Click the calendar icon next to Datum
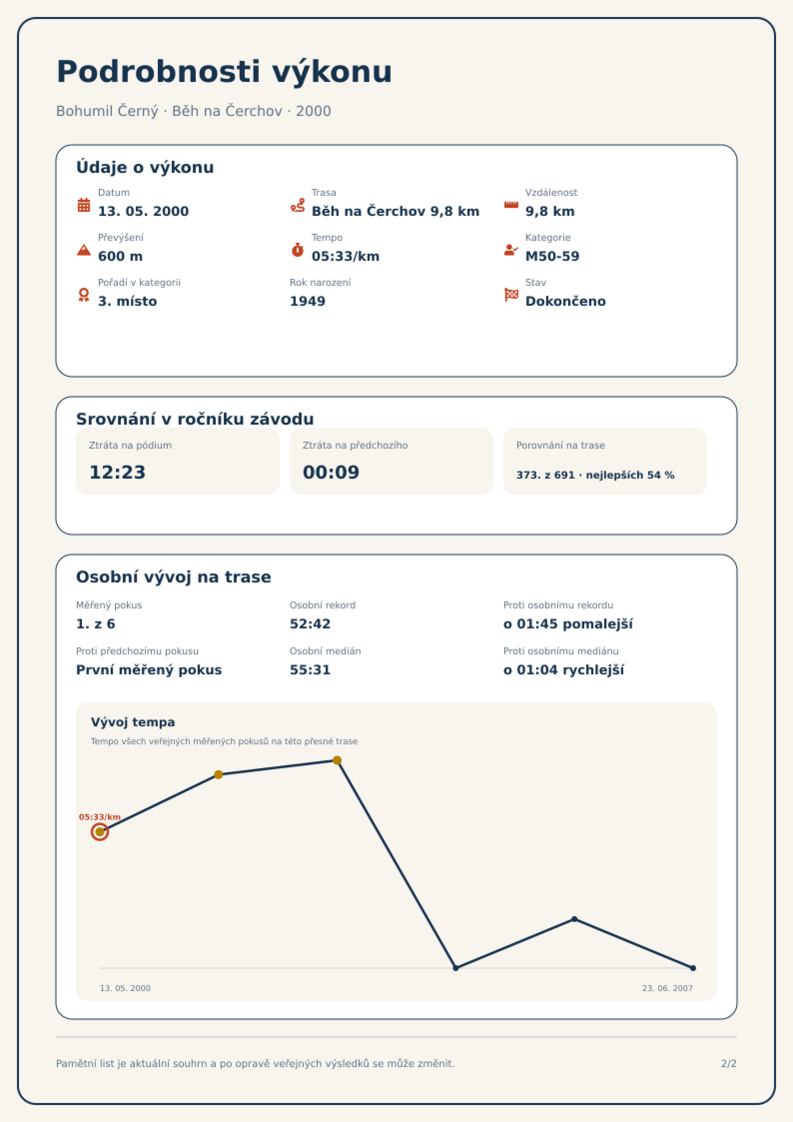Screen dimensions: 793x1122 (84, 205)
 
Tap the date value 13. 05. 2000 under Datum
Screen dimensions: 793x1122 (143, 211)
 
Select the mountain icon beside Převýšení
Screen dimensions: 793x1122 (84, 250)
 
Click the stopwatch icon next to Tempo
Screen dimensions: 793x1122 (298, 250)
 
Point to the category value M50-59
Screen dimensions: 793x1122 (552, 256)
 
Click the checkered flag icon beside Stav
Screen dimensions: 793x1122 (511, 295)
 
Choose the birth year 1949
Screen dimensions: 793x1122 (308, 301)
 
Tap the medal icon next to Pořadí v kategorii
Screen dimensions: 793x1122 (84, 295)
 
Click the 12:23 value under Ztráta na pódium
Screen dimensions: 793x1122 (117, 472)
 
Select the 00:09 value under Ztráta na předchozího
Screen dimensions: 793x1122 (331, 472)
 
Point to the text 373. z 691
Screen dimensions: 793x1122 (545, 475)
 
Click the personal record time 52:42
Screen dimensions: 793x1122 (310, 624)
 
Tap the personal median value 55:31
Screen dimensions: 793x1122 (310, 670)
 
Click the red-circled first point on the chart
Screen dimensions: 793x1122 (100, 832)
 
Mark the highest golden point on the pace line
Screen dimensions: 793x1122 (337, 760)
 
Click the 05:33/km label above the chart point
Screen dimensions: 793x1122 (100, 817)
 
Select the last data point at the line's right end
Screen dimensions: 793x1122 (693, 968)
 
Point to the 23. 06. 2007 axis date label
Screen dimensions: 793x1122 (667, 988)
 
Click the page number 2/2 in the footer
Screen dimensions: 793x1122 (729, 1064)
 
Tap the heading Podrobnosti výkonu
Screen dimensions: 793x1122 (224, 71)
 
